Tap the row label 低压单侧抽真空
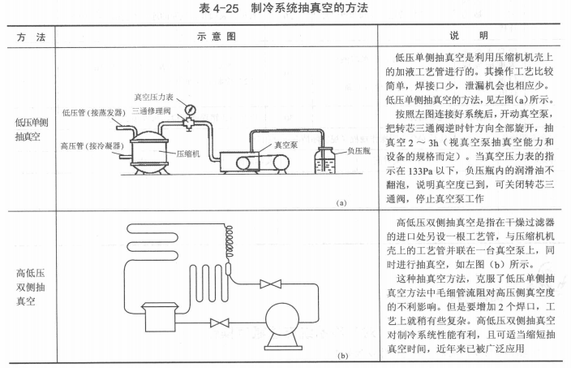tap(28, 129)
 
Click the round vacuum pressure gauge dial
tap(190, 109)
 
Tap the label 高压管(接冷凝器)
tap(89, 147)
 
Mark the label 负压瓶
tap(358, 150)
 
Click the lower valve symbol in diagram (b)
tap(215, 323)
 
